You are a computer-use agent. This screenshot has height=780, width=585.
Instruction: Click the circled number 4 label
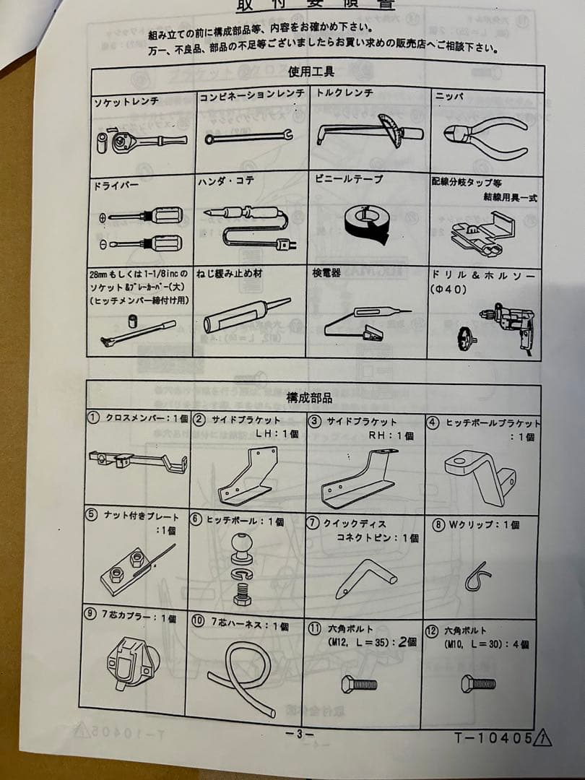pyautogui.click(x=433, y=423)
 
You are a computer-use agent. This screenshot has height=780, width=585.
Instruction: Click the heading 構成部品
pyautogui.click(x=309, y=397)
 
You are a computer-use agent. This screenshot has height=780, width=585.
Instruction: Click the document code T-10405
pyautogui.click(x=493, y=738)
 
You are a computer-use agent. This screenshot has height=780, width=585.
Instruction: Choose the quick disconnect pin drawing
pyautogui.click(x=364, y=578)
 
